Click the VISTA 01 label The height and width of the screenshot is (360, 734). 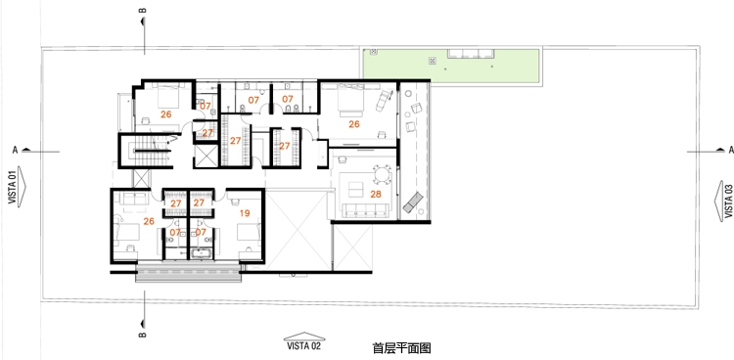pyautogui.click(x=12, y=186)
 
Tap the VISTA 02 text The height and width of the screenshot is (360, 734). pyautogui.click(x=304, y=346)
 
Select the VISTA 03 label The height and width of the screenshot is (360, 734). pyautogui.click(x=728, y=201)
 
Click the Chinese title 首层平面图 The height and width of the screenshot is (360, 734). pyautogui.click(x=401, y=348)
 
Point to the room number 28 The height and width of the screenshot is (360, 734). pyautogui.click(x=376, y=194)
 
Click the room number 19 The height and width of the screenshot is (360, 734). pyautogui.click(x=245, y=213)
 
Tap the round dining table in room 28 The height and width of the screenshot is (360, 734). pyautogui.click(x=382, y=175)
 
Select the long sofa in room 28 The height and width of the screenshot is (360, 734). pyautogui.click(x=367, y=210)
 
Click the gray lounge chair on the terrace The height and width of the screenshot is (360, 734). pyautogui.click(x=413, y=202)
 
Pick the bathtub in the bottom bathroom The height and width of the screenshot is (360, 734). pyautogui.click(x=202, y=253)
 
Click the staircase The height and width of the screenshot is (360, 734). pyautogui.click(x=146, y=151)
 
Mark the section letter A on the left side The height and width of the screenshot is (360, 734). pyautogui.click(x=15, y=150)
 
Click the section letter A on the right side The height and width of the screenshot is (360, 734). pyautogui.click(x=731, y=150)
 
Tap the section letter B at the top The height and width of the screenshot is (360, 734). pyautogui.click(x=143, y=10)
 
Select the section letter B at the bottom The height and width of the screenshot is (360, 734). pyautogui.click(x=143, y=335)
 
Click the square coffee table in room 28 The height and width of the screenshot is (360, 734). pyautogui.click(x=356, y=189)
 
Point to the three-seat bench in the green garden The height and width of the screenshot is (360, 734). pyautogui.click(x=471, y=54)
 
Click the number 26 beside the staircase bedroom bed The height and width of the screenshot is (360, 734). pyautogui.click(x=165, y=114)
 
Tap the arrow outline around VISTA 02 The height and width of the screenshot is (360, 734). pyautogui.click(x=304, y=337)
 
